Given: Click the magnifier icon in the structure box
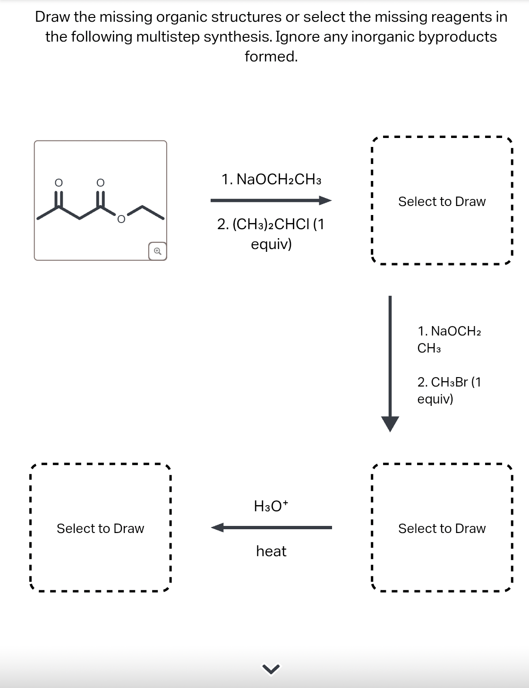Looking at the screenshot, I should (x=157, y=251).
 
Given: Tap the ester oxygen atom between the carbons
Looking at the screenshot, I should (x=121, y=219).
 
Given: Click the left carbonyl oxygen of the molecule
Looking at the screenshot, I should (x=58, y=182).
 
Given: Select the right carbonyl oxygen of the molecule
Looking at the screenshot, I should (x=100, y=182).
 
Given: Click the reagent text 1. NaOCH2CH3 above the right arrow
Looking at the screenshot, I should (x=271, y=180).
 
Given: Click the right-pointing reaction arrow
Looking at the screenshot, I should (x=271, y=201).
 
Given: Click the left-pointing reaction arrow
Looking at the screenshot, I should (x=271, y=527).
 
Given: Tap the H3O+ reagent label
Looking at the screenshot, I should (x=271, y=506).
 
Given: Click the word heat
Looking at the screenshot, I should (x=271, y=551).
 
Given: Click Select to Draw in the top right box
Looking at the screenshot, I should (x=442, y=201).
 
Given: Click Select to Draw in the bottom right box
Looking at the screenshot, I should (x=442, y=528).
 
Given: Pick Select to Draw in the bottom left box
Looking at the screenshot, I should (x=100, y=528).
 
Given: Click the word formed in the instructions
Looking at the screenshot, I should (x=271, y=56).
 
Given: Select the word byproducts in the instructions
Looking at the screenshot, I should (x=457, y=36).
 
